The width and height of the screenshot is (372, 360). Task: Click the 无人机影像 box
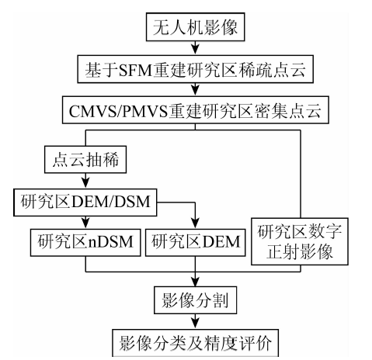[195, 27]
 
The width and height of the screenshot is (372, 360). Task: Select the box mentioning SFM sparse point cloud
[195, 69]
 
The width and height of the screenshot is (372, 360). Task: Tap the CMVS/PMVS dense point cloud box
[196, 110]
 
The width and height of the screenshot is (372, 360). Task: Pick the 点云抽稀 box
[85, 159]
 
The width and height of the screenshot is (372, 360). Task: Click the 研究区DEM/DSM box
[85, 202]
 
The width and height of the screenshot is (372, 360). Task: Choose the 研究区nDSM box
[85, 242]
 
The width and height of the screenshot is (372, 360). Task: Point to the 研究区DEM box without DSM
[195, 242]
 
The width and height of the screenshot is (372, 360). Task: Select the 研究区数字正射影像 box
[300, 241]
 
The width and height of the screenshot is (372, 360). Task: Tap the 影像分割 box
[195, 300]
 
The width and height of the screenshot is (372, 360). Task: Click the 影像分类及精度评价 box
[195, 343]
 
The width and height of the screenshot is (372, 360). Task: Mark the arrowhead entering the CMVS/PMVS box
[195, 92]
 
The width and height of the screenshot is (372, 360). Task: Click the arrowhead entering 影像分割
[195, 282]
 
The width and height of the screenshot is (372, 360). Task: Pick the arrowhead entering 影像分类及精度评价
[195, 324]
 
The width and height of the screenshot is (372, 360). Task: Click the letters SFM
[135, 70]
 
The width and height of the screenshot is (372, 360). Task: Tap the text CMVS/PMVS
[118, 111]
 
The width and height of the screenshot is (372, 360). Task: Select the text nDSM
[110, 242]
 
